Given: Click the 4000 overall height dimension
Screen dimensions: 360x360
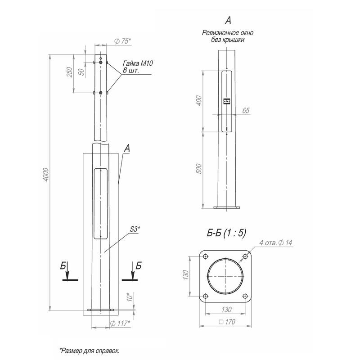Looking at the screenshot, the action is pyautogui.click(x=46, y=175).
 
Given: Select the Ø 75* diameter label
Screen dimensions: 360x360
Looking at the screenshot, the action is pyautogui.click(x=122, y=41).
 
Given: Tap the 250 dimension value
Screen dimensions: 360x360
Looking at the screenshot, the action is pyautogui.click(x=69, y=72).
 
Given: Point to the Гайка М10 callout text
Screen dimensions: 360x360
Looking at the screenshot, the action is pyautogui.click(x=138, y=63).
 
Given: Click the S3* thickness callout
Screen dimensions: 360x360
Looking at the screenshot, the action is pyautogui.click(x=135, y=229).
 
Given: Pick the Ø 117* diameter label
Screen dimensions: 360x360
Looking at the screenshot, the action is pyautogui.click(x=120, y=323).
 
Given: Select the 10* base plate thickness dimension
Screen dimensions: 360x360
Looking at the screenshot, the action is pyautogui.click(x=130, y=297).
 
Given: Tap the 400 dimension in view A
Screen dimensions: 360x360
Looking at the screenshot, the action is pyautogui.click(x=199, y=100).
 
